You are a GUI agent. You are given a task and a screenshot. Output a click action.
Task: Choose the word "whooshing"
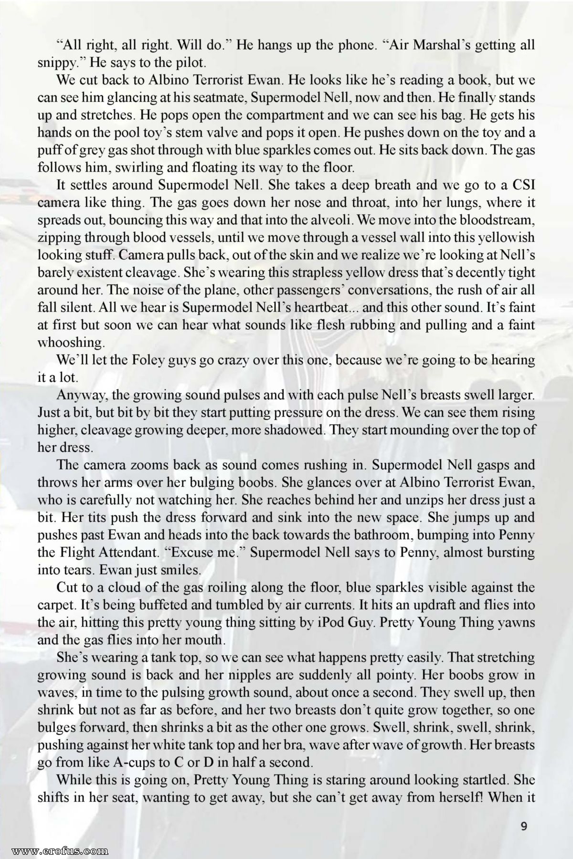[x=71, y=343]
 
